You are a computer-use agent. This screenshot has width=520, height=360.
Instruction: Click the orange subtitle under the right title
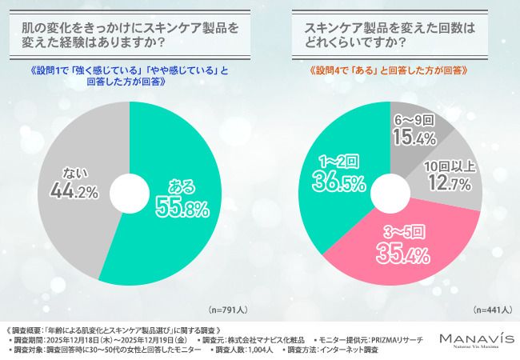click(389, 70)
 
